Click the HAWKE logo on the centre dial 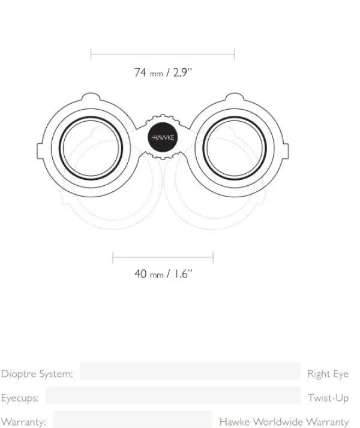(x=163, y=137)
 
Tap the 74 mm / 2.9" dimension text (x=163, y=73)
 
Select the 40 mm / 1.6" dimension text (x=163, y=273)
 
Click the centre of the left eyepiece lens (x=91, y=148)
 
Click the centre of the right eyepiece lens (x=235, y=148)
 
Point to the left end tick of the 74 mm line (x=91, y=55)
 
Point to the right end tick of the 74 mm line (x=235, y=55)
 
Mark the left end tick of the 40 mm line (x=113, y=257)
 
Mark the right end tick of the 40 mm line (x=213, y=257)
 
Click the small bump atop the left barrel (x=91, y=97)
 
